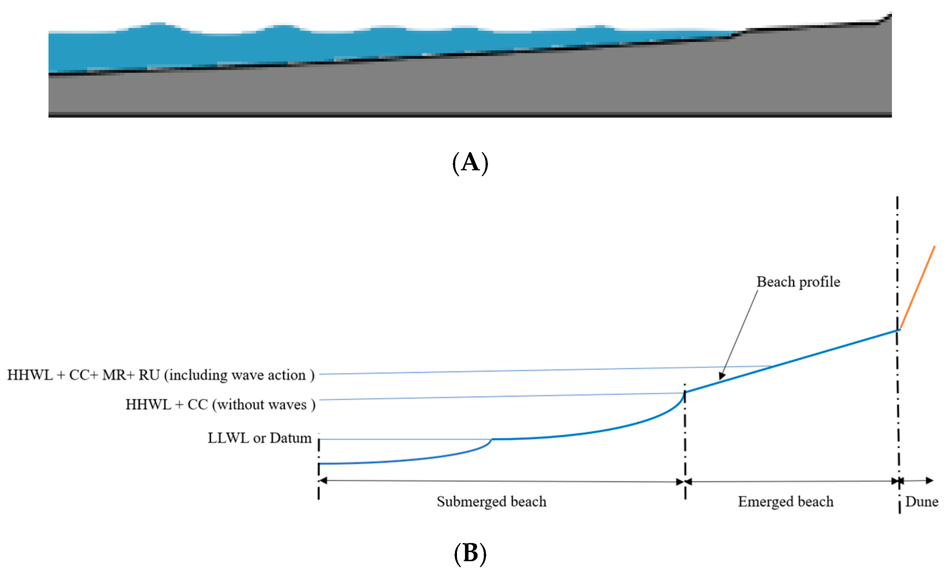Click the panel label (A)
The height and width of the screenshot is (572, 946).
[470, 163]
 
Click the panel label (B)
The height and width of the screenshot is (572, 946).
[470, 554]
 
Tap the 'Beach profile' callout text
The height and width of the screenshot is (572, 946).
[798, 282]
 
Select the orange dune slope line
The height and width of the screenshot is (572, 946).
[918, 287]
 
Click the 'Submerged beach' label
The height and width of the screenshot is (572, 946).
[491, 501]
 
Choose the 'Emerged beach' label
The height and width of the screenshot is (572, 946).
[786, 501]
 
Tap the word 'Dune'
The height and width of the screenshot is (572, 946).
[922, 501]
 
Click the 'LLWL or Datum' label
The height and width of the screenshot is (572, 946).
[260, 438]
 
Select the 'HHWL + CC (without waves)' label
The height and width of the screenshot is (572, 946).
[220, 404]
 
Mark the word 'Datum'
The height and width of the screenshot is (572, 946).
[291, 438]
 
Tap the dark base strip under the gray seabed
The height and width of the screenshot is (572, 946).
[470, 115]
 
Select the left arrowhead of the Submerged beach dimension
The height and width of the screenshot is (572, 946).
[323, 481]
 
